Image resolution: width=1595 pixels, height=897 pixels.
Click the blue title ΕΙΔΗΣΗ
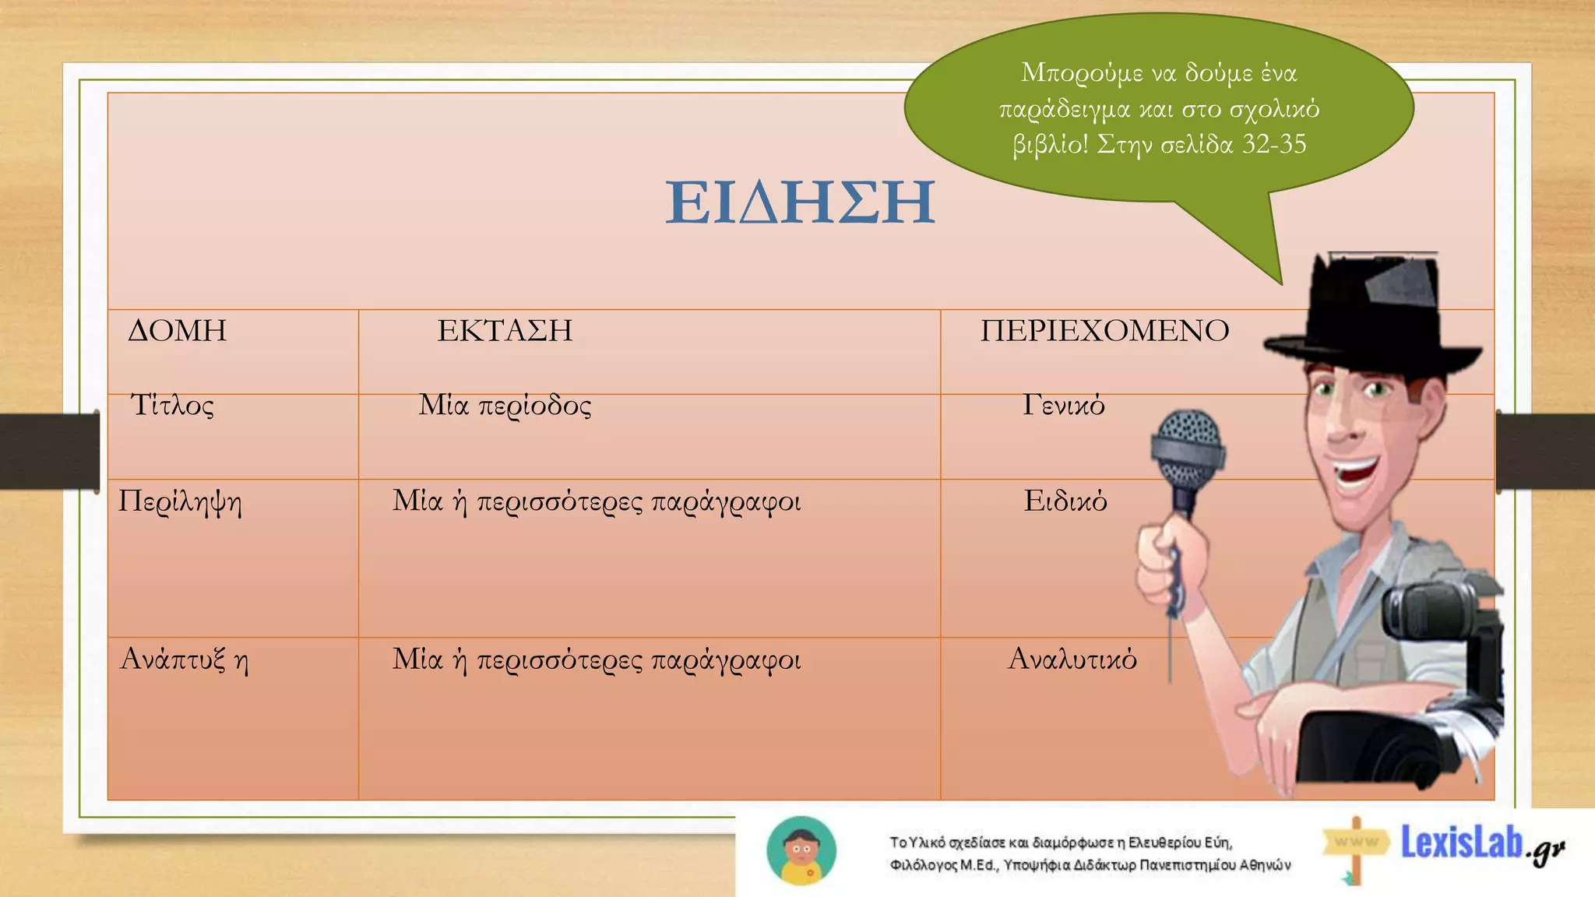point(800,202)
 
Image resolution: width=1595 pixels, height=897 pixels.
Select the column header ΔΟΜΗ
point(177,331)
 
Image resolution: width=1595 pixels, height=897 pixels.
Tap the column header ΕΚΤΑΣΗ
point(505,331)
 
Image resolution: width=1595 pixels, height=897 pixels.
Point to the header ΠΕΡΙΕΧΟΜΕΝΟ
point(1104,331)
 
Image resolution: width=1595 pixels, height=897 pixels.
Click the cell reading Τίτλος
point(172,406)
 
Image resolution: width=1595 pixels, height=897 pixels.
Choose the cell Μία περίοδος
point(505,406)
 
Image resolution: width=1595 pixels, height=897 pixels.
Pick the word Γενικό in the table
point(1063,406)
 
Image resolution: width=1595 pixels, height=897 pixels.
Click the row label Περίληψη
point(180,502)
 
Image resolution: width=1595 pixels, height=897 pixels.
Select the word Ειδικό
point(1065,501)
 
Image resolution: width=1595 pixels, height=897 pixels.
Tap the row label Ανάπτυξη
point(184,660)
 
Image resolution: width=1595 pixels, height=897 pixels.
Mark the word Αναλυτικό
point(1072,660)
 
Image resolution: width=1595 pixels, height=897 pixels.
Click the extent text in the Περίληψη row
point(596,502)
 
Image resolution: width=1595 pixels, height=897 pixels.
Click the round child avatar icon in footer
point(801,851)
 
